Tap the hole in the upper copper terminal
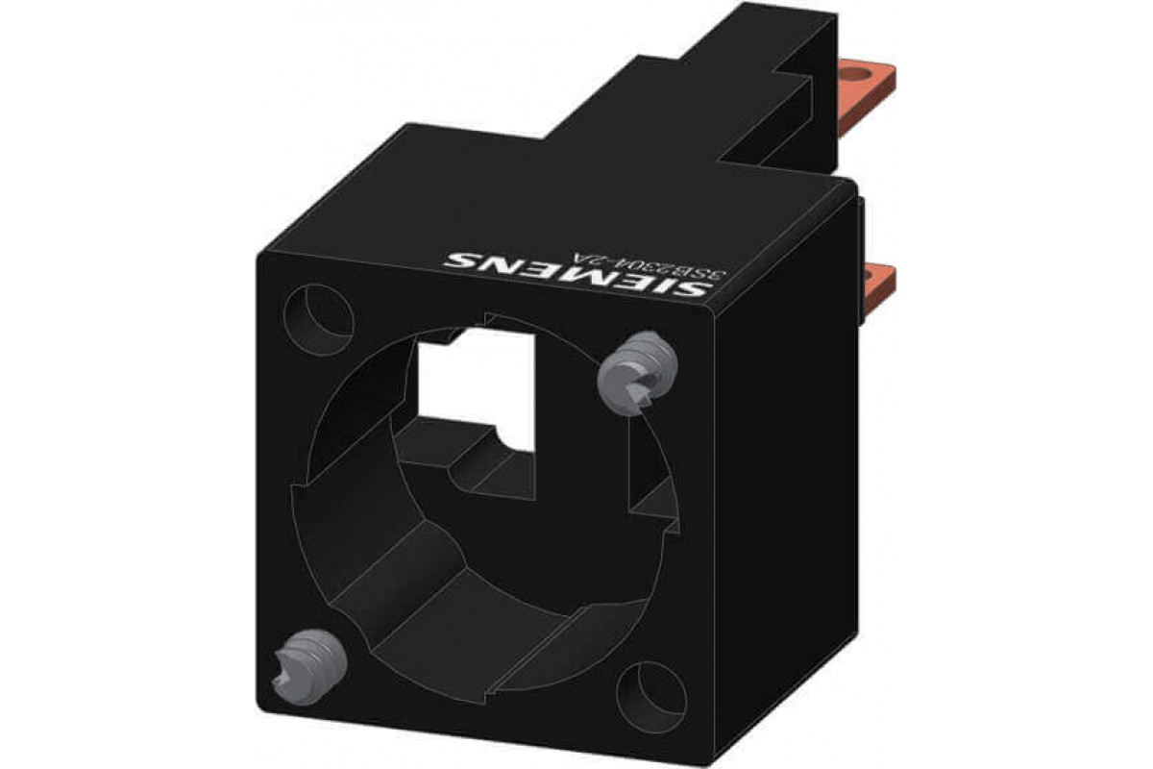(874, 73)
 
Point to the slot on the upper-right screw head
(638, 388)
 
